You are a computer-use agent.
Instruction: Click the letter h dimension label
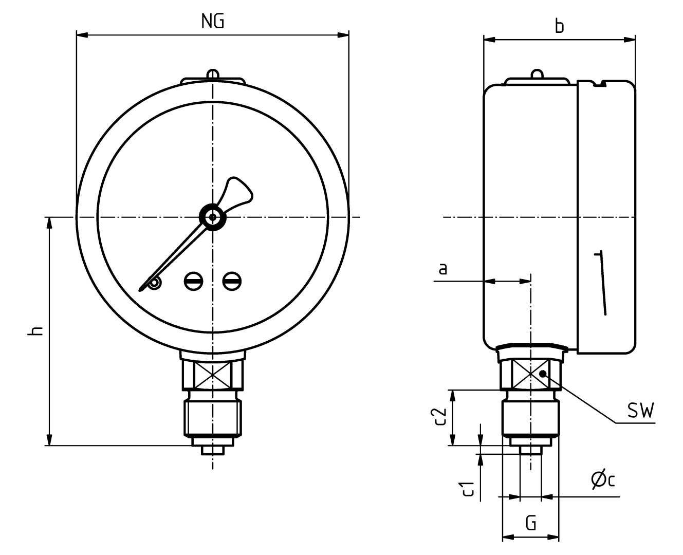point(35,330)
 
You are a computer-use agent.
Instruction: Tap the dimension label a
point(443,269)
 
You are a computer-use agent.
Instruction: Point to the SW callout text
point(640,411)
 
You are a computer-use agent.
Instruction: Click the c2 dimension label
point(438,417)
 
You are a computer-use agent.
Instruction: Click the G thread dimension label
point(531,524)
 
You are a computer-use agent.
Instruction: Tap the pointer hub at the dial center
point(212,217)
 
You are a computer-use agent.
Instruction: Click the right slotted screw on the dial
point(232,281)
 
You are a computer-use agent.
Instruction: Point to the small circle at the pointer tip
point(154,283)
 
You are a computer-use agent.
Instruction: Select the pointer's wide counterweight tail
point(237,192)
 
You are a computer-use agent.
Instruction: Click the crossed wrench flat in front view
point(212,375)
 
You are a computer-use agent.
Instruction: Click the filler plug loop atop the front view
point(212,75)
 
